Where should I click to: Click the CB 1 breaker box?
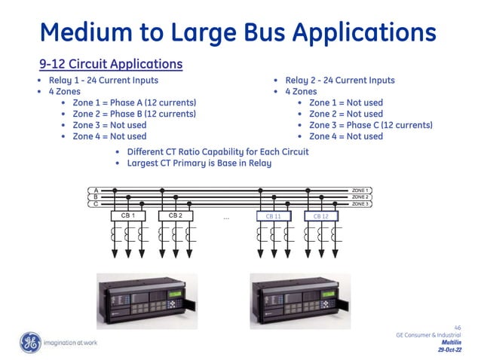click(x=127, y=215)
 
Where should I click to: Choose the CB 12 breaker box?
click(x=320, y=215)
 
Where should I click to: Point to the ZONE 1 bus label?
click(x=360, y=191)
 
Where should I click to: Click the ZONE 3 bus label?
click(x=360, y=203)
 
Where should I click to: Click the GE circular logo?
click(x=31, y=343)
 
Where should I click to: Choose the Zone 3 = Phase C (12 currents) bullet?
click(x=370, y=125)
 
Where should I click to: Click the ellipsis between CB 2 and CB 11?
click(x=226, y=218)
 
